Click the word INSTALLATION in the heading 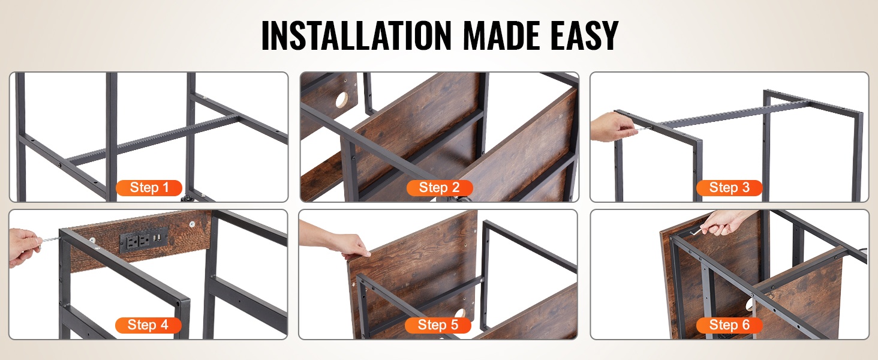tap(356, 35)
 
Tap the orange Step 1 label tap(149, 188)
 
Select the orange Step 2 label tap(440, 188)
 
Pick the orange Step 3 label tap(729, 188)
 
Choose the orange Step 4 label tap(148, 325)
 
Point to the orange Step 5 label tap(438, 325)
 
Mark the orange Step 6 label tap(729, 325)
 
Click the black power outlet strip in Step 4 tap(143, 239)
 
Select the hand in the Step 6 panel tap(725, 222)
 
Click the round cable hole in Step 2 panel tap(341, 100)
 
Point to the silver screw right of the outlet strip tap(192, 224)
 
